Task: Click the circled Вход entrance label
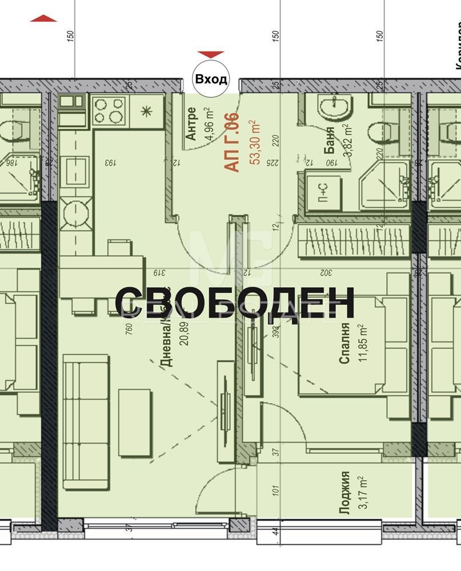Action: coord(211,79)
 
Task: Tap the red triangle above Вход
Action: coord(211,54)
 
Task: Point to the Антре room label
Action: coord(192,124)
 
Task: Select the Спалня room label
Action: coord(344,343)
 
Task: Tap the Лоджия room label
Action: coord(344,493)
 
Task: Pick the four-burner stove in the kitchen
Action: coord(109,110)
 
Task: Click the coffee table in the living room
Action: coord(135,423)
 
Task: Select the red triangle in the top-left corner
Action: coord(43,19)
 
